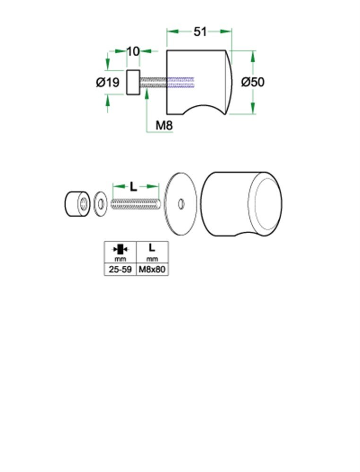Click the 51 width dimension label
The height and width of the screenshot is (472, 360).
pos(200,32)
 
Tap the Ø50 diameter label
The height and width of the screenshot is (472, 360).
pos(253,82)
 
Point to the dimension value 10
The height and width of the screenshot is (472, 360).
pos(134,51)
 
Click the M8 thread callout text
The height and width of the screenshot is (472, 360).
pos(164,126)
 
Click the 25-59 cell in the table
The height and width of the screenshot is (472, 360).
pos(120,270)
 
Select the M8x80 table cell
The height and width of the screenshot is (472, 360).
pos(152,270)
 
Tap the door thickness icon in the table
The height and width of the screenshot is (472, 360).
pos(120,248)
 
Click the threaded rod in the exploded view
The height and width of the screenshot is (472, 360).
pos(136,204)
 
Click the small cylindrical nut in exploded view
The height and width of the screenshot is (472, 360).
pos(77,204)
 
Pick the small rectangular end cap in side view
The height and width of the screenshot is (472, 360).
pos(133,82)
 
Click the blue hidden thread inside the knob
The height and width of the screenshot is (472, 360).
pos(181,82)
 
